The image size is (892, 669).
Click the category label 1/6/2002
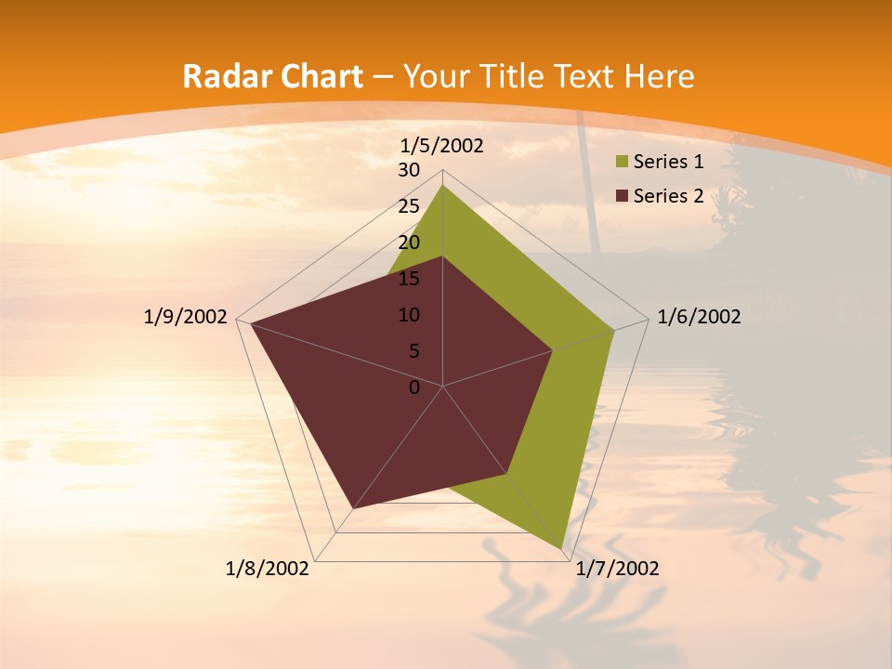click(x=699, y=317)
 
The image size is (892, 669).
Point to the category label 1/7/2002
click(x=617, y=569)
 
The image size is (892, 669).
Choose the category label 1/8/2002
click(x=268, y=569)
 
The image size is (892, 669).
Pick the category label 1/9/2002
click(x=186, y=317)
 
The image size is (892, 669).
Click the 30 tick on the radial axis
click(x=409, y=170)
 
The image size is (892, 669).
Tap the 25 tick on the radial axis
click(x=409, y=206)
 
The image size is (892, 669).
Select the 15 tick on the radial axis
click(x=409, y=279)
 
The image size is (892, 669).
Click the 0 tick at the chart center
click(x=414, y=387)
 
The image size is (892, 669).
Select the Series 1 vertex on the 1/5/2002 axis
click(x=443, y=185)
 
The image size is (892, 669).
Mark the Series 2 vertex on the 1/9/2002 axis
click(x=251, y=323)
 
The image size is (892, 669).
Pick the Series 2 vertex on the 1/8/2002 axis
click(x=354, y=508)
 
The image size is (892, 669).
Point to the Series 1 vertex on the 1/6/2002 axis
click(x=613, y=330)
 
